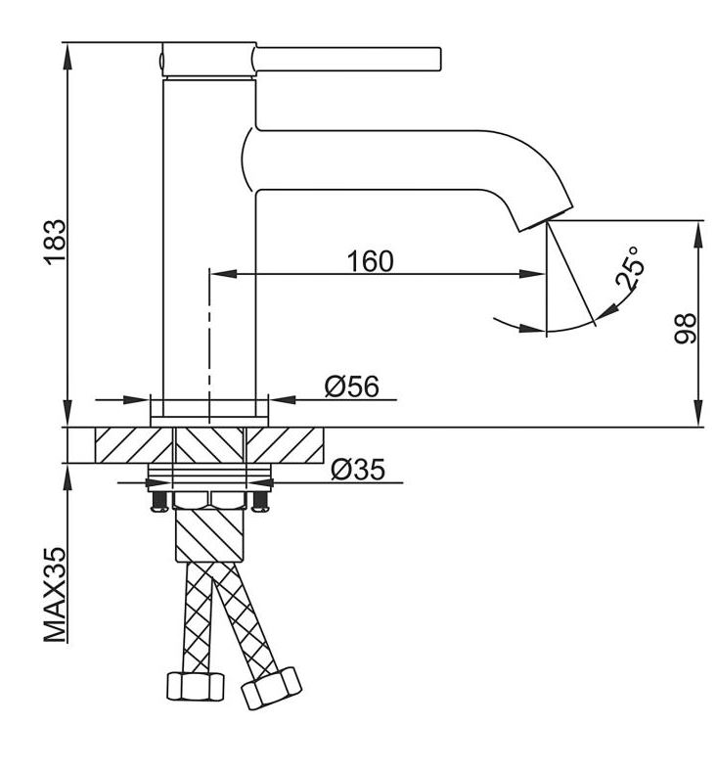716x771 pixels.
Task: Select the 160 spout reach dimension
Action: (369, 260)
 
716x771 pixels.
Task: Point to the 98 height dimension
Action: (685, 327)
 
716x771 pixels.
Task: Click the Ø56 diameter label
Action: (351, 386)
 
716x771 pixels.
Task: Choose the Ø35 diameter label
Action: (357, 470)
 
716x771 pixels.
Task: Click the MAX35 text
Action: (57, 595)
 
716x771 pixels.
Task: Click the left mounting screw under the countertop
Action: (157, 500)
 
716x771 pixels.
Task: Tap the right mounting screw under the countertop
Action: (260, 500)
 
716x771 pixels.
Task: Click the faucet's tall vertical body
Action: (183, 245)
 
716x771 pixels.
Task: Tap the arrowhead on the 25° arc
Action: (604, 311)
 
